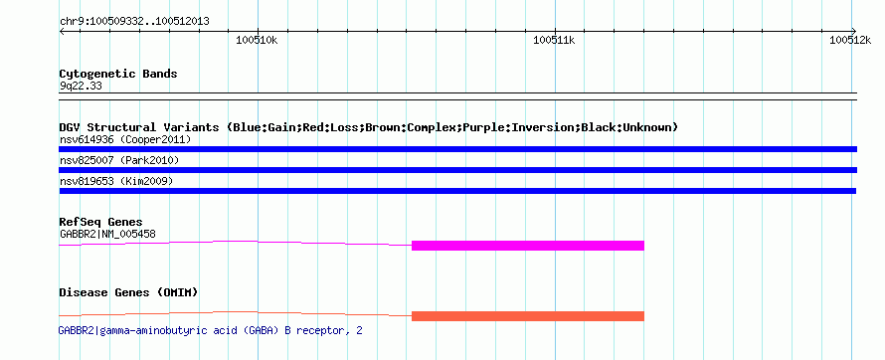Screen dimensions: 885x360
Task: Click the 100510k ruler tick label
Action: (x=257, y=40)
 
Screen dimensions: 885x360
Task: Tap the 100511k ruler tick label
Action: (x=554, y=40)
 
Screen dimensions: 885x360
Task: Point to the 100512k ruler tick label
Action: (x=850, y=40)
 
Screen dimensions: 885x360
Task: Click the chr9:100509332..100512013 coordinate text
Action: (x=134, y=22)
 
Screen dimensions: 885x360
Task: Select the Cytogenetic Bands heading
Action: (x=118, y=74)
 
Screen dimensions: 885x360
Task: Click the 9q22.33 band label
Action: (x=81, y=87)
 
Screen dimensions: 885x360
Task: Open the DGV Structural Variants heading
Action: (x=368, y=127)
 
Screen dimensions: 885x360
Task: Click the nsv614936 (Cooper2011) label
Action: (x=125, y=139)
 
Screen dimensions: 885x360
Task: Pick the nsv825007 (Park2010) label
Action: (x=119, y=161)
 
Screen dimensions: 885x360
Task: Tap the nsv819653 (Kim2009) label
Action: (x=116, y=182)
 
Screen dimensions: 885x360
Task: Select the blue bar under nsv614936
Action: (x=457, y=149)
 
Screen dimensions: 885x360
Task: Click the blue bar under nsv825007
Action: (x=457, y=170)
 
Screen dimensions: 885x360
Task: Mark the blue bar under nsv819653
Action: (x=457, y=191)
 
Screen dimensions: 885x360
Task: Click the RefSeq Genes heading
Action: (x=101, y=222)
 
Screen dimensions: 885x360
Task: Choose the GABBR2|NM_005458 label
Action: (x=107, y=234)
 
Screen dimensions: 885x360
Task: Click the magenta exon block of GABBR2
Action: (x=528, y=246)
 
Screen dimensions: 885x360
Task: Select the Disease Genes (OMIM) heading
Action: (x=128, y=292)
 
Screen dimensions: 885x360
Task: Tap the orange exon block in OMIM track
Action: (x=528, y=316)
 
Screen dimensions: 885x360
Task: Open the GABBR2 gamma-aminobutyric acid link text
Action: (x=211, y=330)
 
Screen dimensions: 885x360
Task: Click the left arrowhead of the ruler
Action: (x=61, y=31)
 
